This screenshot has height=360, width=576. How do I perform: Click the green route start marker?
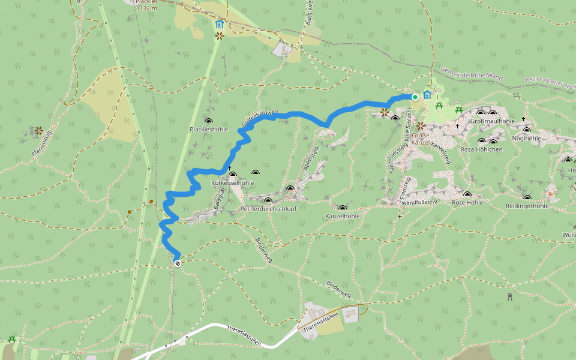tap(415, 97)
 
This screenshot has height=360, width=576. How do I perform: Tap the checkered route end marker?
tap(178, 263)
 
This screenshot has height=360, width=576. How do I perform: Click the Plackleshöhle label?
tap(209, 130)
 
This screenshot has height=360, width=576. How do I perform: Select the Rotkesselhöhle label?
tap(233, 182)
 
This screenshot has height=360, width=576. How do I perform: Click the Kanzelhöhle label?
tap(343, 216)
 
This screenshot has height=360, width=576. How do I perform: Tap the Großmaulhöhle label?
tap(493, 121)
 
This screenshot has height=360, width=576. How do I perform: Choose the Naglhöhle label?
tap(527, 138)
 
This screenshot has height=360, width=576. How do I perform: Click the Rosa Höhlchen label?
tap(481, 149)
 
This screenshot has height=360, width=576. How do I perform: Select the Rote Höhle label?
tap(467, 203)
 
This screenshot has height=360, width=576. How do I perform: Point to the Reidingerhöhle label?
tap(527, 206)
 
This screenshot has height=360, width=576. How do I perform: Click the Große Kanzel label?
tap(420, 139)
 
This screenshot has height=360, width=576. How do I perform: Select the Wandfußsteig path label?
tap(419, 202)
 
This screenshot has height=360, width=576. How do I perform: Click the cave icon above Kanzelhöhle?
tap(343, 208)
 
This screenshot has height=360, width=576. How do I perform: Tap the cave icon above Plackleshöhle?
tap(208, 121)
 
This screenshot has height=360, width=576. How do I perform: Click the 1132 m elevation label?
tap(146, 9)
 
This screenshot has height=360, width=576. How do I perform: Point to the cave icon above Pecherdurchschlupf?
tap(268, 200)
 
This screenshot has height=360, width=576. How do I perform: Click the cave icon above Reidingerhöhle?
tap(527, 198)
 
